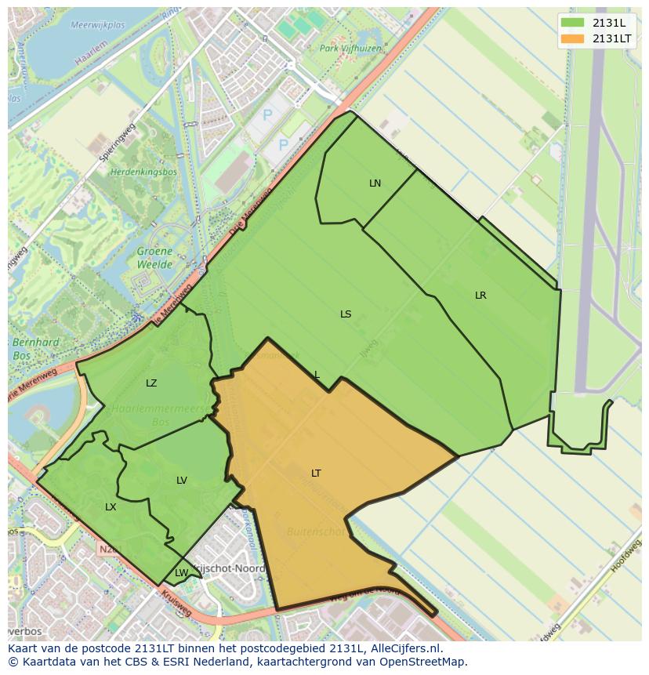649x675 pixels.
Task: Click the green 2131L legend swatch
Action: (x=573, y=23)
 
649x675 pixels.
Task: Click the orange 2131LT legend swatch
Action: (x=573, y=38)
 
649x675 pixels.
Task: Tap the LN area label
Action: (x=375, y=183)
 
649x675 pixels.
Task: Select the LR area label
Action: (x=480, y=296)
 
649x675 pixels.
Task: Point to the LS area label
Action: (x=346, y=314)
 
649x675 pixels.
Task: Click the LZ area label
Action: (x=151, y=383)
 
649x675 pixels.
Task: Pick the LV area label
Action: (x=182, y=481)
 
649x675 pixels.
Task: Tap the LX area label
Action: (x=111, y=507)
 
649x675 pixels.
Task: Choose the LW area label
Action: (x=181, y=573)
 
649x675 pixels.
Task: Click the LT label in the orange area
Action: (x=316, y=474)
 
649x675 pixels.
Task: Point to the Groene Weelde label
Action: (x=154, y=258)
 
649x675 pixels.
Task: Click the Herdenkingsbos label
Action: (x=143, y=172)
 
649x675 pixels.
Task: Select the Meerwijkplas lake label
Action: (x=97, y=25)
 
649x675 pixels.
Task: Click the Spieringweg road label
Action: (x=112, y=140)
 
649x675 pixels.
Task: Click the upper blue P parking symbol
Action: (x=267, y=115)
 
